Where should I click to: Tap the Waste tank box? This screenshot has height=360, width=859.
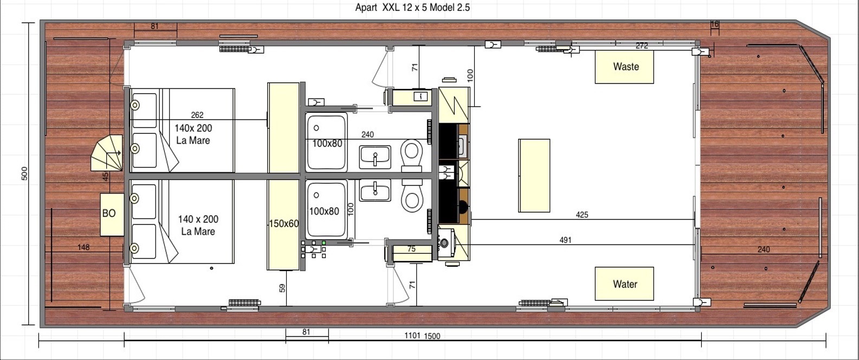(624, 67)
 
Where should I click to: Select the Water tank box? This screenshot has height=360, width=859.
(624, 284)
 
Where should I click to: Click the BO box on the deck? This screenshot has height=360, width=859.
(112, 214)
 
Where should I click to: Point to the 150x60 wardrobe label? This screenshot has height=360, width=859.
(284, 223)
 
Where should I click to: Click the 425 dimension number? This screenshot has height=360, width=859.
(582, 215)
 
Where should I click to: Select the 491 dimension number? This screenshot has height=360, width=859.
(565, 240)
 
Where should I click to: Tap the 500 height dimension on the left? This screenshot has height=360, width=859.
(24, 173)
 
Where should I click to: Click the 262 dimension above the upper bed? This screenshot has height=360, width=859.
(197, 115)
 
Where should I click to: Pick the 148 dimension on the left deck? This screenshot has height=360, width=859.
(83, 247)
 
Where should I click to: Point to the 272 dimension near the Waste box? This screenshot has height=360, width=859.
(642, 46)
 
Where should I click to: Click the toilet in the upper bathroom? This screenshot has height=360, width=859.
(411, 156)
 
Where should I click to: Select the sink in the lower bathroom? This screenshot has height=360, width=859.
(375, 190)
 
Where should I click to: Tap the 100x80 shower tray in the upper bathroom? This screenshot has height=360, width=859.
(327, 142)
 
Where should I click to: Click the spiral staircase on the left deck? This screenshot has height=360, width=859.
(107, 153)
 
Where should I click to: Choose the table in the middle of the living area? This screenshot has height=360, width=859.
(534, 176)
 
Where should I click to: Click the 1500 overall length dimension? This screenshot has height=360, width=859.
(432, 336)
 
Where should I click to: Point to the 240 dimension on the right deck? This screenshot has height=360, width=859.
(764, 249)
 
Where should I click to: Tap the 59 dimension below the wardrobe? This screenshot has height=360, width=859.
(282, 288)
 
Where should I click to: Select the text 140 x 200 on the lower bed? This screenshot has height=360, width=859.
(198, 219)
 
